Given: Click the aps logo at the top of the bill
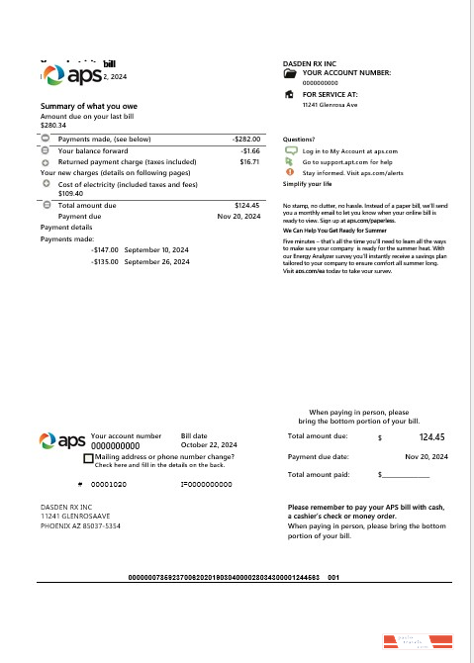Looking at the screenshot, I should [x=69, y=76].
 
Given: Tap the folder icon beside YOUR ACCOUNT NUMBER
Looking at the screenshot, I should [x=289, y=73].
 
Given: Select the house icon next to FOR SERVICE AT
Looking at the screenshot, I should [x=289, y=95].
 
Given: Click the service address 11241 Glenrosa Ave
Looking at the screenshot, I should [x=330, y=104].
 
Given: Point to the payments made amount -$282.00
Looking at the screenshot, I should [x=244, y=140].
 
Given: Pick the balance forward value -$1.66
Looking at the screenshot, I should [x=249, y=150].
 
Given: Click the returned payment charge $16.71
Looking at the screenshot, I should [x=248, y=160].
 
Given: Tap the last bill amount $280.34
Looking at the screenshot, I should [x=53, y=126].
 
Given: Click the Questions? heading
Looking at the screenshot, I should [x=299, y=141].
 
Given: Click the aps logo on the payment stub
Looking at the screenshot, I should [x=61, y=439].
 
